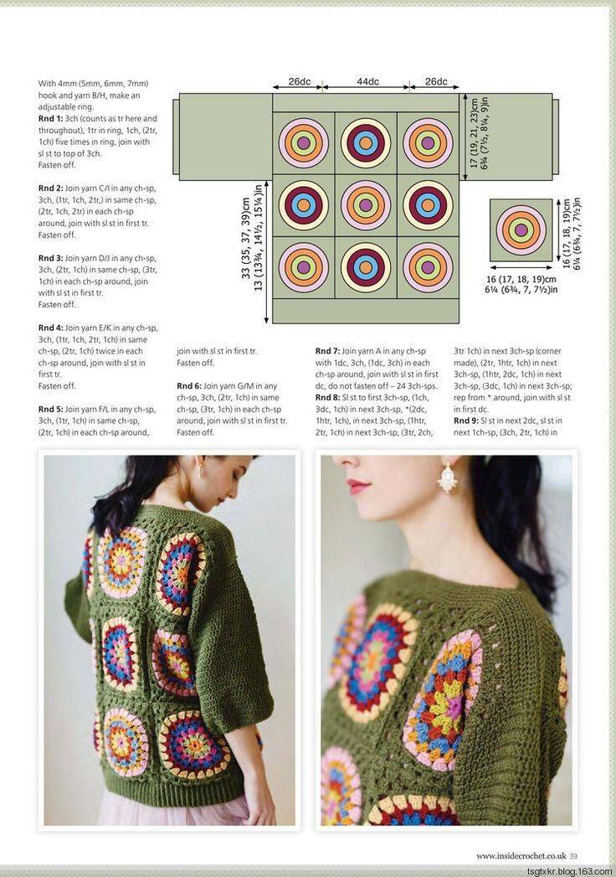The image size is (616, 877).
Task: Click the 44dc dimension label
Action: tap(367, 81)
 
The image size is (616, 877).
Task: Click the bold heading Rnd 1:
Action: tap(50, 119)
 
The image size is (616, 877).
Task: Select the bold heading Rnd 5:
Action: tap(50, 410)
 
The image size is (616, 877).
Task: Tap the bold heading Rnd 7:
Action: tap(327, 351)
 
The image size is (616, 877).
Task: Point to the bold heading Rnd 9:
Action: tap(466, 420)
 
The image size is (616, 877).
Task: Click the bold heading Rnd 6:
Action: tap(189, 386)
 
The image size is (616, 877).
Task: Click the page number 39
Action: tap(573, 856)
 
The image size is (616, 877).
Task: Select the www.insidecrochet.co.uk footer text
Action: tap(521, 856)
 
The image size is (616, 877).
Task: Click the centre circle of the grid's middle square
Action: tap(366, 204)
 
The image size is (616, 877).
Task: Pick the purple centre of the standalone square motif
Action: tap(521, 230)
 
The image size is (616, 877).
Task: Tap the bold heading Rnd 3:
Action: tap(50, 258)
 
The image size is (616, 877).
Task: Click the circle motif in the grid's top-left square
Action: tap(304, 142)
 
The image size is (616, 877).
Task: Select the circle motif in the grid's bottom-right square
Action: tap(428, 267)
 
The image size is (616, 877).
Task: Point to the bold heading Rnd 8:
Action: tap(327, 398)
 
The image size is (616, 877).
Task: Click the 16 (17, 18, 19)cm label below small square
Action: tap(521, 279)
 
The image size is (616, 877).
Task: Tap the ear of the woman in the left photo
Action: tap(198, 472)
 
